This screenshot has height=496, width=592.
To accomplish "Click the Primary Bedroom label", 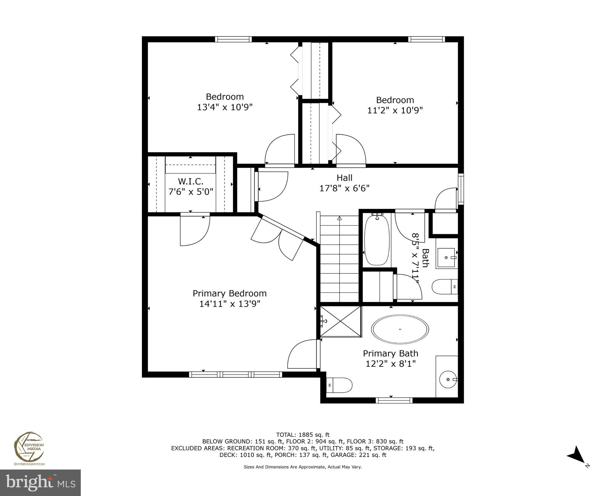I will click(229, 293).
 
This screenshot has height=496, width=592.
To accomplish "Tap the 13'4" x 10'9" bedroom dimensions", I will click(225, 107).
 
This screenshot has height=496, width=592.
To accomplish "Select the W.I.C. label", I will click(191, 181).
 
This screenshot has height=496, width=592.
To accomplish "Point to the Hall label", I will click(344, 178).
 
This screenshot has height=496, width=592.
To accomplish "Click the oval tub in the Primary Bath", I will click(400, 329).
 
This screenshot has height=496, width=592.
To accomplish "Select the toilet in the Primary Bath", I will click(339, 385).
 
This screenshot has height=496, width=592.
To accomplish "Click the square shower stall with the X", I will click(341, 322).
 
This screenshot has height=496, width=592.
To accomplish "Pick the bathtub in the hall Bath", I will click(377, 240).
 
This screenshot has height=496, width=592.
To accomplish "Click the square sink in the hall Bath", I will click(446, 257).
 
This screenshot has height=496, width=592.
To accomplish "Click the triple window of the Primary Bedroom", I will click(235, 374).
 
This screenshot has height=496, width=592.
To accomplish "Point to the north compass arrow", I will click(576, 456).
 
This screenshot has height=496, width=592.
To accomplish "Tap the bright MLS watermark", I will click(40, 482).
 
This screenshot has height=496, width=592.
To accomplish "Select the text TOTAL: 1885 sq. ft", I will click(302, 435).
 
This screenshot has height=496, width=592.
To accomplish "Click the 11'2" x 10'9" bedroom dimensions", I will click(395, 110).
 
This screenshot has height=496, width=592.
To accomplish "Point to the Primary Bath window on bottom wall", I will click(394, 400).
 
